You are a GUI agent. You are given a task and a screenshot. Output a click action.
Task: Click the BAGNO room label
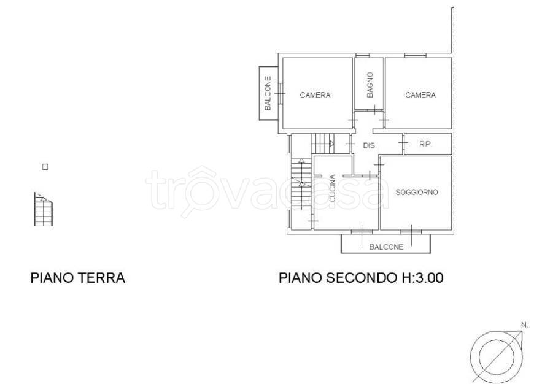[370, 85]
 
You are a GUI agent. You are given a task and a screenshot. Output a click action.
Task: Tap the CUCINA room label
[332, 190]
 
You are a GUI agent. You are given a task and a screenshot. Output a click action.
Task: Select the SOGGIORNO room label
[416, 192]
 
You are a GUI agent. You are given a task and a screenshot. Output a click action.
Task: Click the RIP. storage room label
[425, 145]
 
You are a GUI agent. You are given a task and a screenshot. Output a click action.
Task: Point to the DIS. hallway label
[370, 146]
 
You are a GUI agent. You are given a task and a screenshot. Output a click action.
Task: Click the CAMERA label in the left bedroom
[315, 95]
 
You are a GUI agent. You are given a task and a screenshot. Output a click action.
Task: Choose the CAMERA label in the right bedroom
[420, 95]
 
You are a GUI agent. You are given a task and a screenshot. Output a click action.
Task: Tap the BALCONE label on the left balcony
[268, 93]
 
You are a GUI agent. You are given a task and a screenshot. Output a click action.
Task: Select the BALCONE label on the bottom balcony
[386, 247]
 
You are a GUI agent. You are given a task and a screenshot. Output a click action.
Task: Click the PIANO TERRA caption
[78, 278]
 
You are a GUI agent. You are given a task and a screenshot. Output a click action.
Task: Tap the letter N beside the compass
[524, 324]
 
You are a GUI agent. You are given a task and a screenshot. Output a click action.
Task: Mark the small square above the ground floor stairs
[45, 166]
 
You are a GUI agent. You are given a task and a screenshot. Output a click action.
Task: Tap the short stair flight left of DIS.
[322, 144]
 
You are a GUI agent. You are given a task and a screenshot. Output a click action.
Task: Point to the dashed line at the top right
[453, 31]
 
